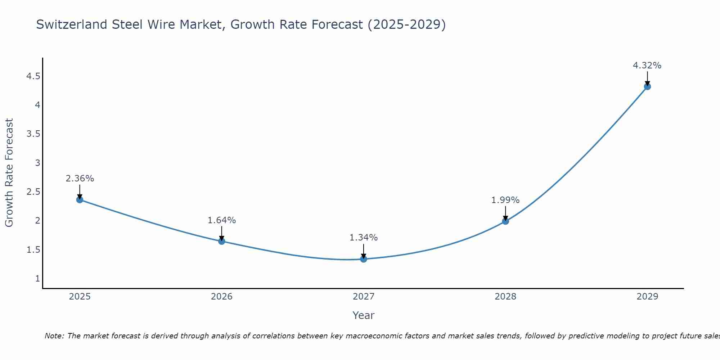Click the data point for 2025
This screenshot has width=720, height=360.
click(x=80, y=200)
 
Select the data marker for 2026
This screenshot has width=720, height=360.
click(x=222, y=241)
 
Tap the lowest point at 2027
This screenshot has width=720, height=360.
click(x=364, y=259)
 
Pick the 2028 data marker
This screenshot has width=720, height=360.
click(x=505, y=221)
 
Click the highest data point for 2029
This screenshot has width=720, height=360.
click(x=647, y=86)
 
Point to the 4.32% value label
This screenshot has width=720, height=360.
click(x=647, y=66)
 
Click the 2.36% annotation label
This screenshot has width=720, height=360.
click(x=80, y=179)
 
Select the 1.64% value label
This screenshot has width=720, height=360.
click(x=222, y=220)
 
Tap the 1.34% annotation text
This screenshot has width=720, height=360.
click(x=364, y=238)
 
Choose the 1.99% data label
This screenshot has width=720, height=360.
click(x=505, y=200)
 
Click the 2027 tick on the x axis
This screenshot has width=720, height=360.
click(x=364, y=297)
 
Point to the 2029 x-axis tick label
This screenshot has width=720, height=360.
click(x=647, y=297)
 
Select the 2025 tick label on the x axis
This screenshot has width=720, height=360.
click(x=80, y=297)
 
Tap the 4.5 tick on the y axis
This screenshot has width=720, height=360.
click(x=33, y=76)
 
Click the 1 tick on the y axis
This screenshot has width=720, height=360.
click(x=37, y=278)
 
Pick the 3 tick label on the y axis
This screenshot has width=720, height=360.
click(x=37, y=163)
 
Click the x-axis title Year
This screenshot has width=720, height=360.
click(x=364, y=315)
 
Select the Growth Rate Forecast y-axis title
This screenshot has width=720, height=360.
click(x=9, y=173)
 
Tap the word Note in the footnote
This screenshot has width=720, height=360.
click(x=54, y=336)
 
